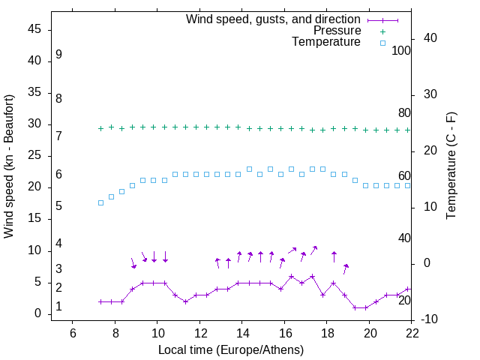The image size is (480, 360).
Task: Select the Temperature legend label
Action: pyautogui.click(x=326, y=42)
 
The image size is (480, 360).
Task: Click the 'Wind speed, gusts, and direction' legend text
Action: pyautogui.click(x=274, y=19)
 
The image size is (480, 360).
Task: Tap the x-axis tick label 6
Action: pyautogui.click(x=73, y=333)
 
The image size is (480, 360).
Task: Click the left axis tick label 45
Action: pyautogui.click(x=35, y=29)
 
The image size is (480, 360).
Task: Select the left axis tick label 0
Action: pyautogui.click(x=39, y=314)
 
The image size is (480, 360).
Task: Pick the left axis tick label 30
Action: pyautogui.click(x=35, y=124)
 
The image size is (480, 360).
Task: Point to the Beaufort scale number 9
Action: pyautogui.click(x=58, y=55)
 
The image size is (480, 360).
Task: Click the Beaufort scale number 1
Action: pyautogui.click(x=58, y=307)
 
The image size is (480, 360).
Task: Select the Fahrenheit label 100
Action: pyautogui.click(x=401, y=51)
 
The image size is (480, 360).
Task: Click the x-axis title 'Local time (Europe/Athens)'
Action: pyautogui.click(x=231, y=349)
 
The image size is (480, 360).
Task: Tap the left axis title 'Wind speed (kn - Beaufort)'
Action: pyautogui.click(x=9, y=166)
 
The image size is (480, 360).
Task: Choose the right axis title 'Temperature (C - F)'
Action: pyautogui.click(x=451, y=166)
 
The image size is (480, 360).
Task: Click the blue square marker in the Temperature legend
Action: pyautogui.click(x=382, y=43)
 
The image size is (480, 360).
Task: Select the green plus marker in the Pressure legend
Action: pyautogui.click(x=382, y=31)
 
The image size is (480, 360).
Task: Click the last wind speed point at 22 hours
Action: pyautogui.click(x=408, y=289)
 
